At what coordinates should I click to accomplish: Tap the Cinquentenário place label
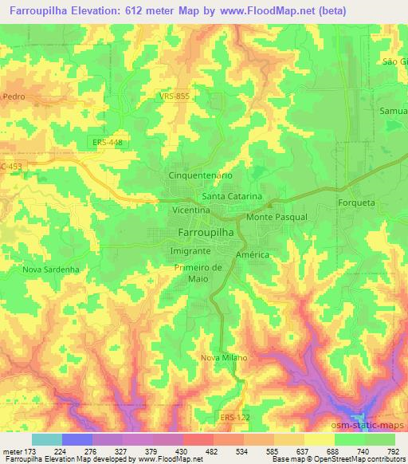click(x=200, y=174)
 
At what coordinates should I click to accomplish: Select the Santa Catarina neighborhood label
click(x=232, y=195)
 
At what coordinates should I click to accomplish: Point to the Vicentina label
click(x=190, y=209)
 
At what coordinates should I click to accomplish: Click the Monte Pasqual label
click(x=277, y=216)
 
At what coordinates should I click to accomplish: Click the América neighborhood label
click(x=253, y=254)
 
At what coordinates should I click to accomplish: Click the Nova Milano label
click(x=224, y=357)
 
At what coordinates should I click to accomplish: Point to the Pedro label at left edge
click(x=14, y=96)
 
